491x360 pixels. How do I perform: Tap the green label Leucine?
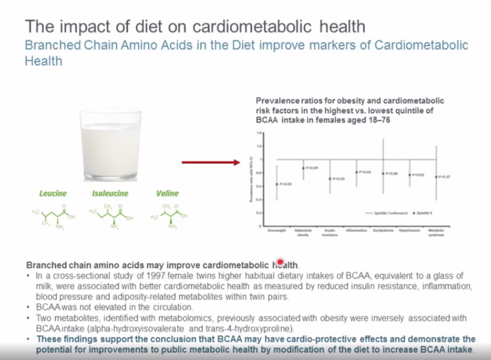tap(53, 194)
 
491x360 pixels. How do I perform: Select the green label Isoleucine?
tap(110, 194)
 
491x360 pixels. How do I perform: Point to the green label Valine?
tap(167, 194)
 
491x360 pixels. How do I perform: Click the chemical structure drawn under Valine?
tap(169, 216)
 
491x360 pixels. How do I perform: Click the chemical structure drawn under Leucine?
tap(54, 215)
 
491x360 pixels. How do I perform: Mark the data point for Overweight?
tap(277, 184)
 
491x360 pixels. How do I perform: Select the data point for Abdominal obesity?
tap(303, 168)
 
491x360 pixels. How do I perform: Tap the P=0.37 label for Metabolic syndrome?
tap(444, 177)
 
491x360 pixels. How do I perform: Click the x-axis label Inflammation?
tap(356, 230)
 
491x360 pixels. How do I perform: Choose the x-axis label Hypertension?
tap(409, 230)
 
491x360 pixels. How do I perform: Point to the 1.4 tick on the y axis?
tap(259, 133)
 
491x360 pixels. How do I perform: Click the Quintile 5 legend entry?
tap(423, 213)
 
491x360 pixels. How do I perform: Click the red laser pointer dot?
tap(280, 262)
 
